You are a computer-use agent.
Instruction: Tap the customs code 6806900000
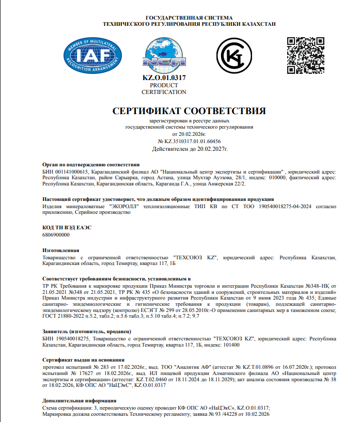pyautogui.click(x=55, y=235)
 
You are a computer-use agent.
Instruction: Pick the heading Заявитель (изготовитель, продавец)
pyautogui.click(x=87, y=331)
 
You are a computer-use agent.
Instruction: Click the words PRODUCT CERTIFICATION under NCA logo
pyautogui.click(x=164, y=88)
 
